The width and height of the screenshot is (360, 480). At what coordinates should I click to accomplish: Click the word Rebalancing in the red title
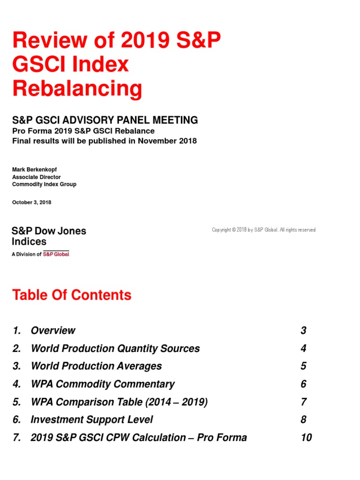tap(77, 88)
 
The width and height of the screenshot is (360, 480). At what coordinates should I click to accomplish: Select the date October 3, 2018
tap(32, 202)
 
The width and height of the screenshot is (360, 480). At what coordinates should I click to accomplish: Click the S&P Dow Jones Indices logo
tap(49, 237)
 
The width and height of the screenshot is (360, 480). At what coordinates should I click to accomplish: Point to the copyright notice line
tap(263, 230)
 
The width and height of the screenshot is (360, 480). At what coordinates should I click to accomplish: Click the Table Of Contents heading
tap(72, 295)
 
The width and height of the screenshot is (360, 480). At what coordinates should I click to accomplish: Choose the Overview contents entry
tap(53, 330)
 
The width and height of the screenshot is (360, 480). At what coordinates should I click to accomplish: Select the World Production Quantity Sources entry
tap(115, 348)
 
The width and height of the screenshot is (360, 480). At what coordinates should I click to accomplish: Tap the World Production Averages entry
tap(96, 366)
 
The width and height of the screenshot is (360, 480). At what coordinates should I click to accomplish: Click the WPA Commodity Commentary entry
tap(102, 384)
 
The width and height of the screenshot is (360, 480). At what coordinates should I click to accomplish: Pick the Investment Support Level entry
tap(91, 420)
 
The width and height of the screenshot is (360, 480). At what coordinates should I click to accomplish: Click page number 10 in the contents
tap(306, 437)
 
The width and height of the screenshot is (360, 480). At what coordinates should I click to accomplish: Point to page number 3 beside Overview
tap(303, 330)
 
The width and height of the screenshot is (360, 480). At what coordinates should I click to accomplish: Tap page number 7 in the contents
tap(303, 402)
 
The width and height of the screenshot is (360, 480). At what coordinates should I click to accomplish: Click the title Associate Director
tap(37, 177)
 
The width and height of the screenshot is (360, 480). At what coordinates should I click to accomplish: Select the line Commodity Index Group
tap(44, 184)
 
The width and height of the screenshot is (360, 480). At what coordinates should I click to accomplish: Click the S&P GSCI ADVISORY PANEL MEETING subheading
tap(105, 120)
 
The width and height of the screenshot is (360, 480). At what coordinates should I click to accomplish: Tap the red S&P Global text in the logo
tap(56, 254)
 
